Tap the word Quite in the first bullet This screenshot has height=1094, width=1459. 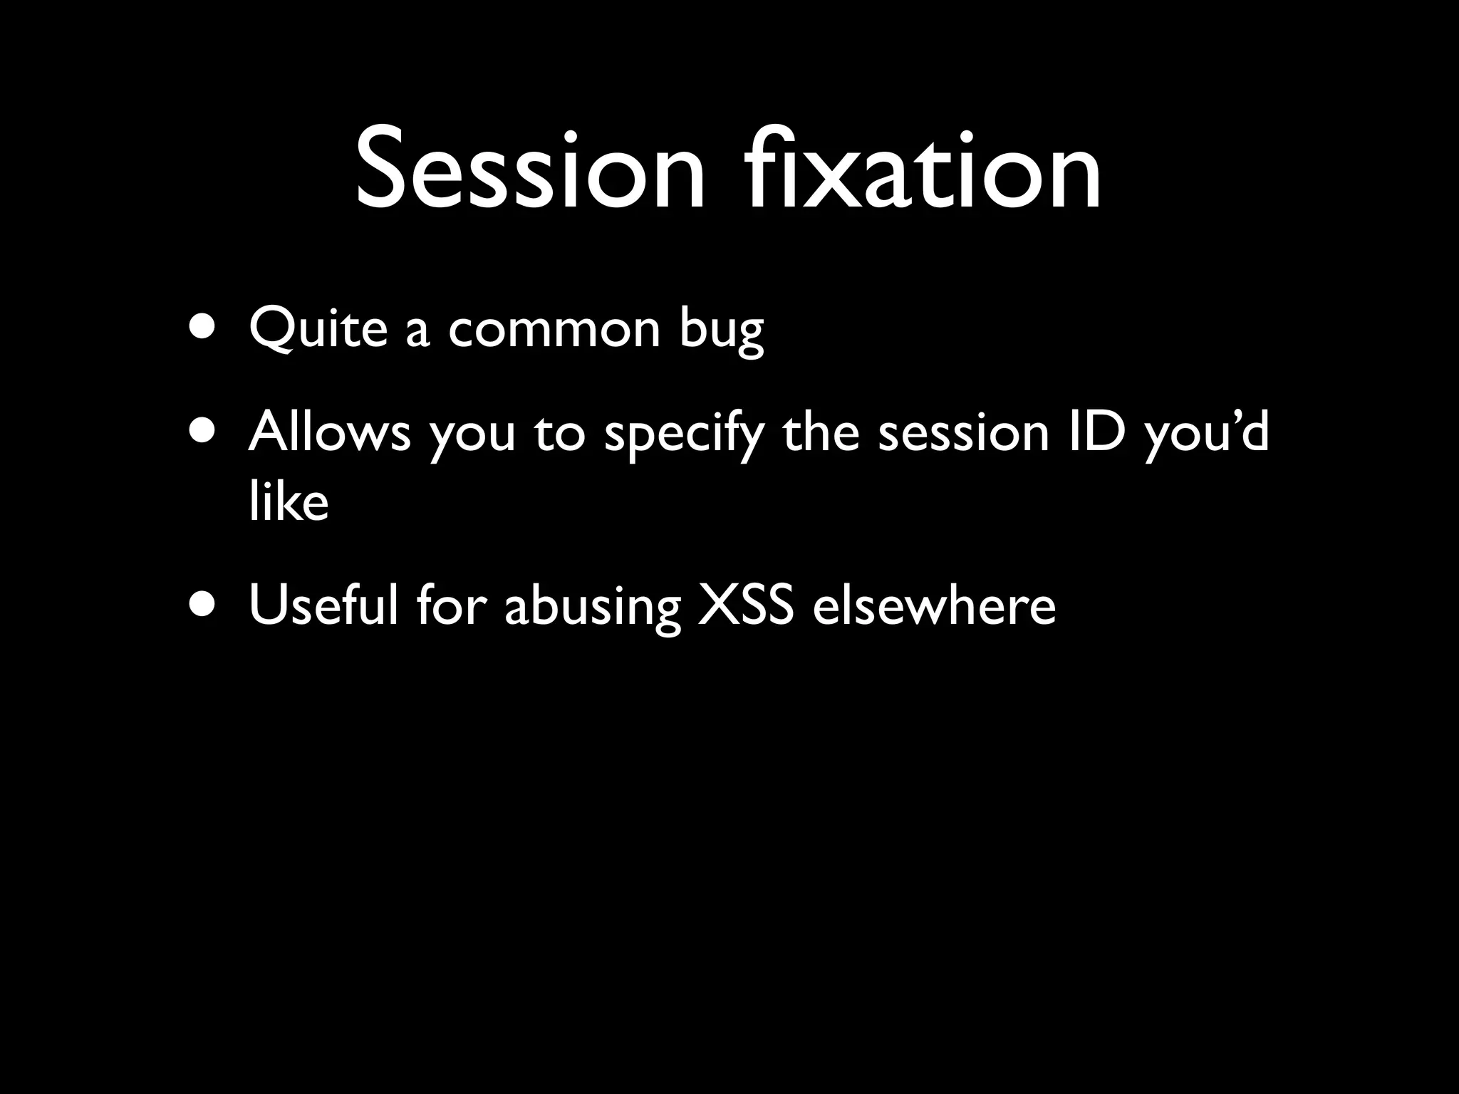(x=318, y=329)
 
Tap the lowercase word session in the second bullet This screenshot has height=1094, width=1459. (x=963, y=432)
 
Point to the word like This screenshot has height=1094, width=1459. (x=289, y=501)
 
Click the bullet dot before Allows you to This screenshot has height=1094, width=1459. (x=204, y=432)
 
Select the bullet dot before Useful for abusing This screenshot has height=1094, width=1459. (x=204, y=605)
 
